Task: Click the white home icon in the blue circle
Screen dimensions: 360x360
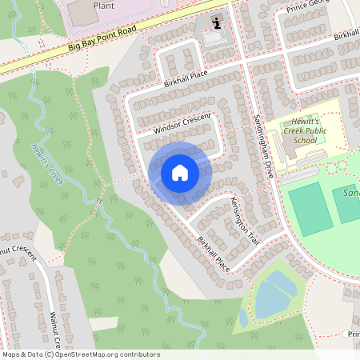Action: click(180, 173)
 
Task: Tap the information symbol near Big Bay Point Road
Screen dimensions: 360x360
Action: click(215, 22)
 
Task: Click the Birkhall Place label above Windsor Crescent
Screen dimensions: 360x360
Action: click(186, 78)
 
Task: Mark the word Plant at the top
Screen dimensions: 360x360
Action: click(104, 5)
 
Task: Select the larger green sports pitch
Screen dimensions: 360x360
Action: click(309, 207)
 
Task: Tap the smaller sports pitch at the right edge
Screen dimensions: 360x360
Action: click(347, 205)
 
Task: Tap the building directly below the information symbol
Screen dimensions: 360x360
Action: click(214, 38)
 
